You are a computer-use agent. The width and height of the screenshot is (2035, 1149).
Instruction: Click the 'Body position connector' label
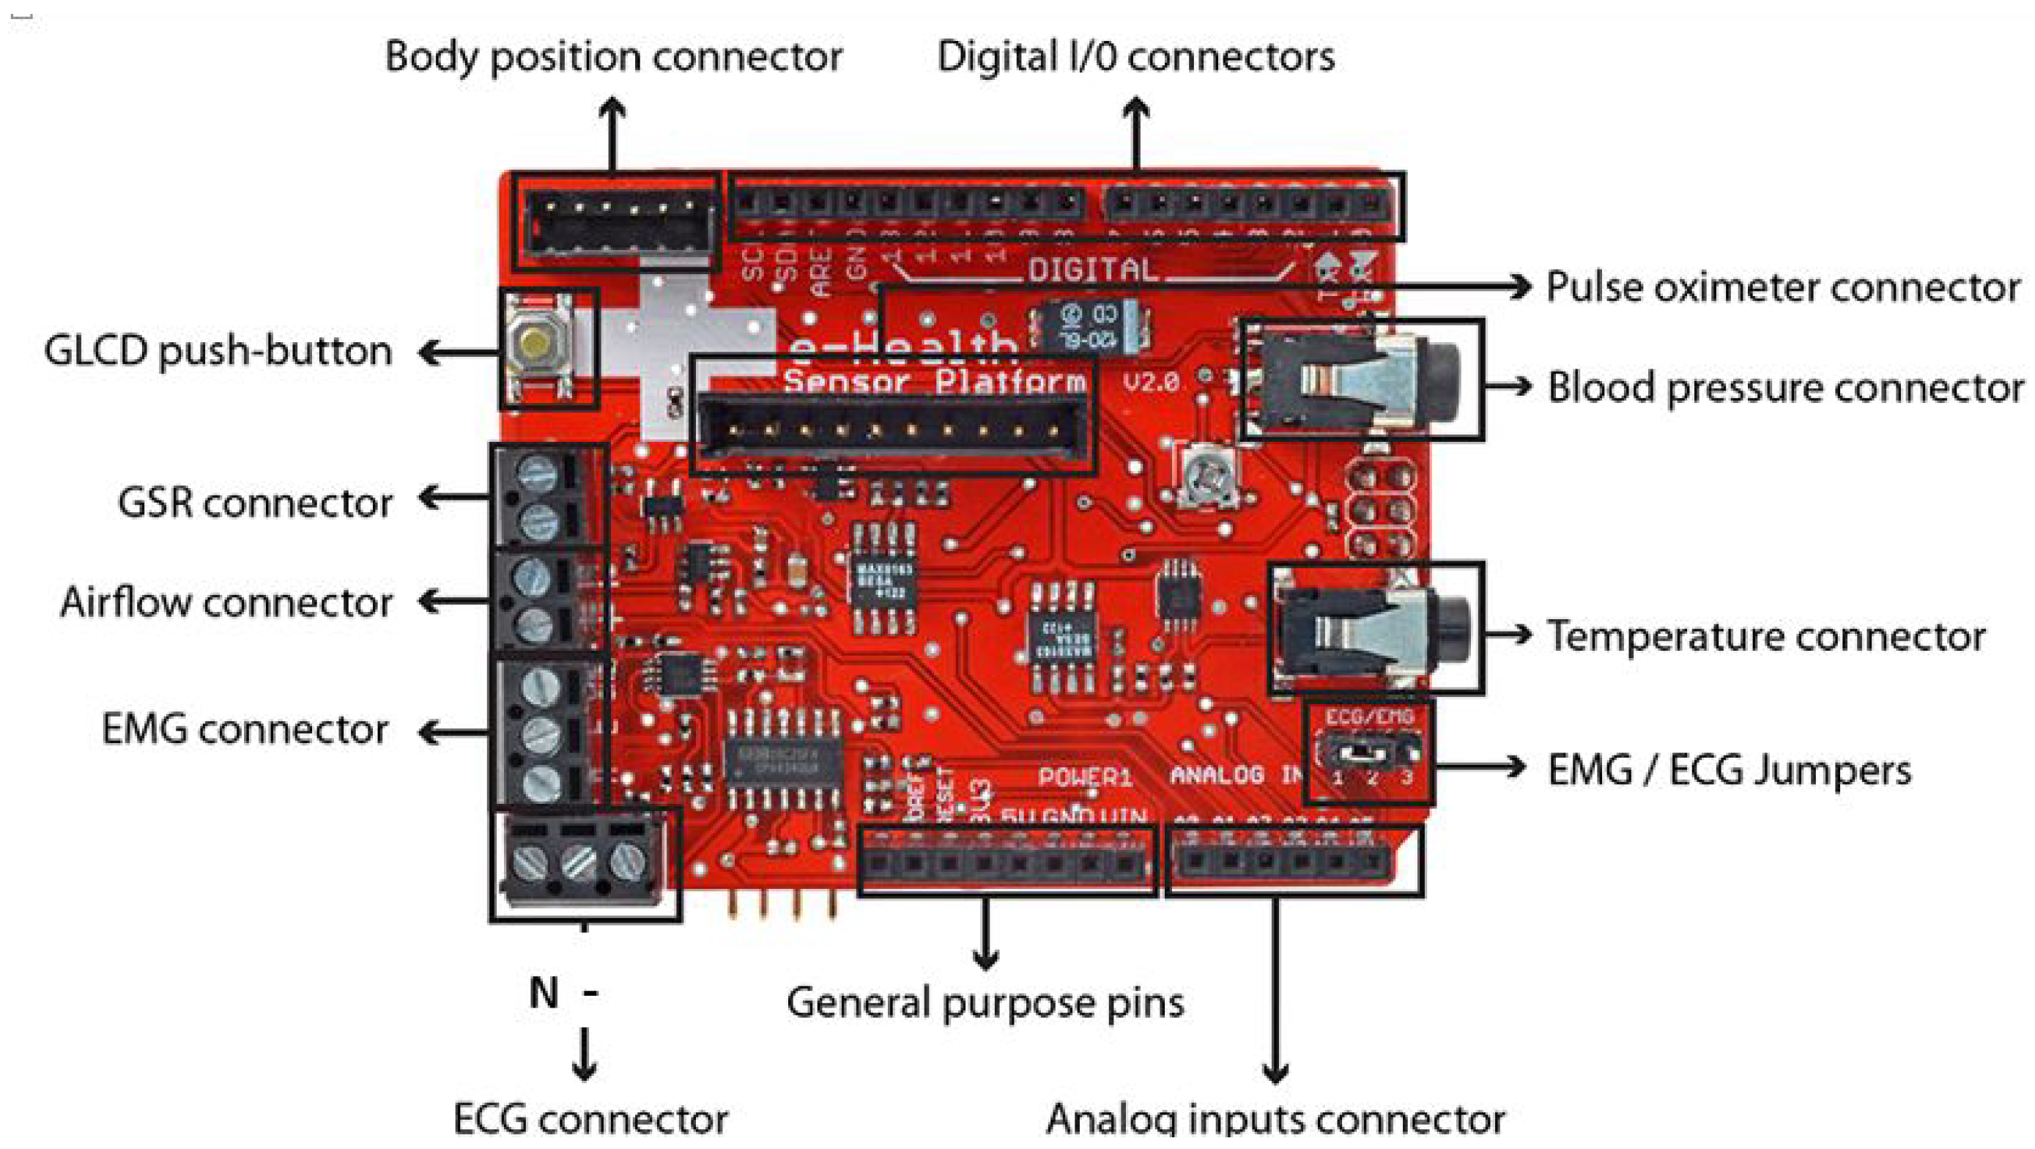(613, 57)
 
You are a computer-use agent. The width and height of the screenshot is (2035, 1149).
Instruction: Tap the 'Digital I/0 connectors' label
(1135, 57)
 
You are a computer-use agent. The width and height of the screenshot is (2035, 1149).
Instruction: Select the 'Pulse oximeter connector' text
(1782, 286)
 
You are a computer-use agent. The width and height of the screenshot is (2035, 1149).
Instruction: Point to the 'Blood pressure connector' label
(1784, 388)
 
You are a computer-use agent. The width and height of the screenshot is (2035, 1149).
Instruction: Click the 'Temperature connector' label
(1765, 636)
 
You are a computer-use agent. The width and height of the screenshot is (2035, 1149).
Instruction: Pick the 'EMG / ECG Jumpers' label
(1729, 769)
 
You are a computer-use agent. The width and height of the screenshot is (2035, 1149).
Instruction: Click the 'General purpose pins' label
(985, 1002)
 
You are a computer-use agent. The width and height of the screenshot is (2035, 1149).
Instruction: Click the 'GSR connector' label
(254, 503)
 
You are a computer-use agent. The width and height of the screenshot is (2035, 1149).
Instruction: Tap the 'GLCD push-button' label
(218, 350)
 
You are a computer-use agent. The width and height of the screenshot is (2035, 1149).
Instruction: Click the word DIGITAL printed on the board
(1092, 271)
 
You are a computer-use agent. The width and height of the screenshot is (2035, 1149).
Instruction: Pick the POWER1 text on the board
(1085, 777)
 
